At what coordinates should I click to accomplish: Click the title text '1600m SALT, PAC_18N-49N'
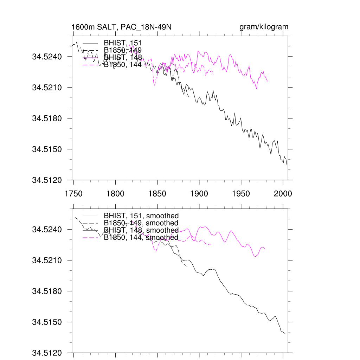coord(121,27)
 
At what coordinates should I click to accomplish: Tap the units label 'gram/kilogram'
coord(264,27)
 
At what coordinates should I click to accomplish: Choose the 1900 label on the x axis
coord(199,193)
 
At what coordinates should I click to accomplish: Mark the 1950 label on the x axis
coord(241,193)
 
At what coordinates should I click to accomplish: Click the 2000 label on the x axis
coord(283,193)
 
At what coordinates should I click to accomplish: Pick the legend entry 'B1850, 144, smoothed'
coord(141,238)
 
